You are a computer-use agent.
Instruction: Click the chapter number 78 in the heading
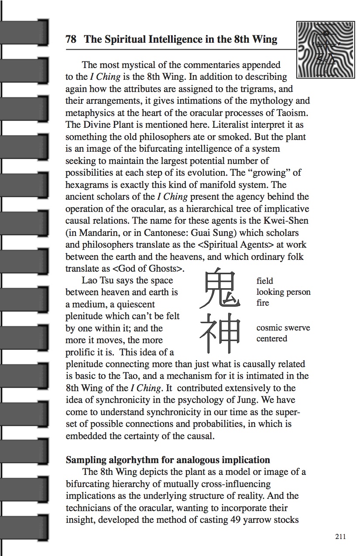click(71, 40)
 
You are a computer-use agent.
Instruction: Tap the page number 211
click(340, 536)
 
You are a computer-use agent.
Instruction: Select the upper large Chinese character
click(221, 288)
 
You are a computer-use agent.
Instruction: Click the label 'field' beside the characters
click(264, 281)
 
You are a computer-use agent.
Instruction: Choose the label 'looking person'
click(283, 292)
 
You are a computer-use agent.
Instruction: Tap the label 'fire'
click(263, 303)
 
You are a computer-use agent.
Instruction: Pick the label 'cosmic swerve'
click(283, 327)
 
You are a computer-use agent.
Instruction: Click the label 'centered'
click(271, 338)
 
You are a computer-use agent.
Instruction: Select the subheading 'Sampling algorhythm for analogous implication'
click(168, 460)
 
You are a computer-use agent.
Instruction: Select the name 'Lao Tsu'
click(98, 280)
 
